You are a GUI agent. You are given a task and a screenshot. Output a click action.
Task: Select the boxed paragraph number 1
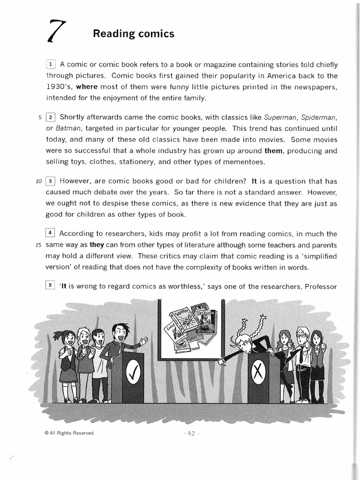51,64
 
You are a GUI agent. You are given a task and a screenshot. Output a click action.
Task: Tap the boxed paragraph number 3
51,181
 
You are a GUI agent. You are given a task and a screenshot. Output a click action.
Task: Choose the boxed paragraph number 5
51,285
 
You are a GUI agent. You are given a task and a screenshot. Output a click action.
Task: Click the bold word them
274,151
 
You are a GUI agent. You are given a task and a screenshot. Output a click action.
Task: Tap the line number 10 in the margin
39,181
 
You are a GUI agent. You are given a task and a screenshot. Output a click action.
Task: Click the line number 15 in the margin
39,245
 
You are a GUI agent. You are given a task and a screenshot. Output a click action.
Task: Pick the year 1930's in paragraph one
59,87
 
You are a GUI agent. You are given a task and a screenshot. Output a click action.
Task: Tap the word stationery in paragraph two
147,162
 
